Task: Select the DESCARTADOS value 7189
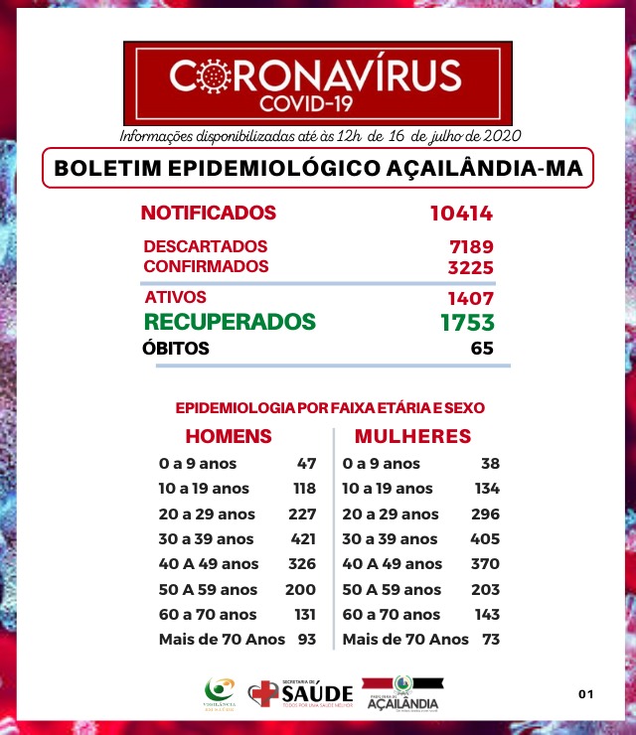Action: [x=471, y=246]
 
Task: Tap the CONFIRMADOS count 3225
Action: [x=471, y=267]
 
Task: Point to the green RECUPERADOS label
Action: [x=230, y=322]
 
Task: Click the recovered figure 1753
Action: [x=467, y=322]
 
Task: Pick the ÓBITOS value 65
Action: [x=482, y=349]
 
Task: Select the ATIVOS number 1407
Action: [x=471, y=298]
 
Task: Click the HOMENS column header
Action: [x=229, y=436]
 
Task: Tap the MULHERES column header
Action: [x=412, y=436]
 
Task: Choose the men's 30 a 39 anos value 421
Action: [x=302, y=539]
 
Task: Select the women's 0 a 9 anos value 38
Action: [x=489, y=464]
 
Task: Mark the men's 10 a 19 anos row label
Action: [x=204, y=489]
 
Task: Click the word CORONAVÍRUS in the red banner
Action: [x=316, y=74]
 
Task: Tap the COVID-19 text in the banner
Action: [x=317, y=103]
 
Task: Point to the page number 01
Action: [x=585, y=693]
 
